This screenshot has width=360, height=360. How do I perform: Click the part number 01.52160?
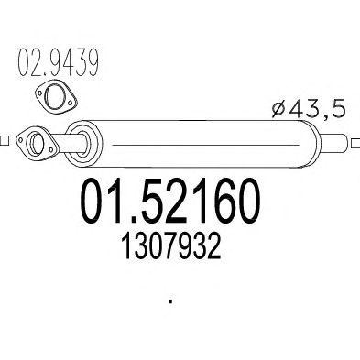click(x=170, y=201)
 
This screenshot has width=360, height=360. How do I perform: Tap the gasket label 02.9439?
click(x=59, y=62)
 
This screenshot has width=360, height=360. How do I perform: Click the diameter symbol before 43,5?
click(x=278, y=110)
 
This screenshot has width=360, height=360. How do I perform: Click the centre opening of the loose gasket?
click(x=54, y=95)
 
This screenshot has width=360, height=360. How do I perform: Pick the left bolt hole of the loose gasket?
click(x=39, y=93)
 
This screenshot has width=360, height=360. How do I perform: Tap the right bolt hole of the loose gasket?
click(x=71, y=103)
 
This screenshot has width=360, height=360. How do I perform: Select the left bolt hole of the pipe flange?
click(x=20, y=140)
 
